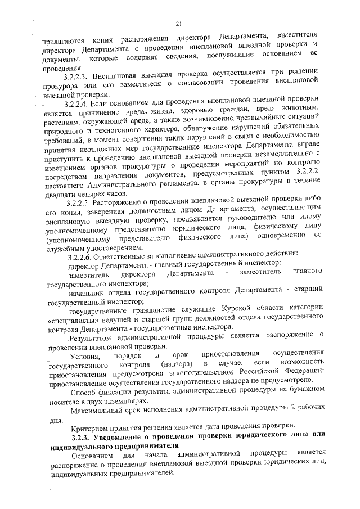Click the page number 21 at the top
[179, 24]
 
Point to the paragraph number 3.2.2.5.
[78, 201]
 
